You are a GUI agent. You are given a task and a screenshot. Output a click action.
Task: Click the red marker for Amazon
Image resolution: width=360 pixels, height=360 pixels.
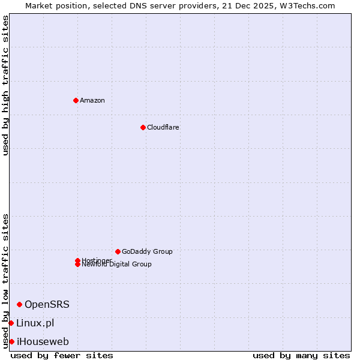pyautogui.click(x=76, y=100)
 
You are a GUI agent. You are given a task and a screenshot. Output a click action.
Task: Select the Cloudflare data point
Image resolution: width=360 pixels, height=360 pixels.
pyautogui.click(x=143, y=127)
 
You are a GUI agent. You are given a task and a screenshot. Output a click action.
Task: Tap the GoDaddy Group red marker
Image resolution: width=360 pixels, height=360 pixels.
pyautogui.click(x=118, y=251)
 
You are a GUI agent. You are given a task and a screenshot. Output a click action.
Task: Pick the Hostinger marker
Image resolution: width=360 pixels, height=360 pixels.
pyautogui.click(x=77, y=260)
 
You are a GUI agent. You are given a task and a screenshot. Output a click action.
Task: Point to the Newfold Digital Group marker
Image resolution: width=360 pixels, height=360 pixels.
pyautogui.click(x=77, y=265)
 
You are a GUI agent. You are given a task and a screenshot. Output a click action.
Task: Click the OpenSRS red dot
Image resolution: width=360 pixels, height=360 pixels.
pyautogui.click(x=19, y=304)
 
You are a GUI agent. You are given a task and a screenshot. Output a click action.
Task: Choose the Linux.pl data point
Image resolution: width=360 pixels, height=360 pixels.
pyautogui.click(x=11, y=323)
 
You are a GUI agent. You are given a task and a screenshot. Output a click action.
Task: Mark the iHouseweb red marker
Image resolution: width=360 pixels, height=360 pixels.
pyautogui.click(x=11, y=341)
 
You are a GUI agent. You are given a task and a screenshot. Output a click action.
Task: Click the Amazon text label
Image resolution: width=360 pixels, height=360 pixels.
pyautogui.click(x=92, y=100)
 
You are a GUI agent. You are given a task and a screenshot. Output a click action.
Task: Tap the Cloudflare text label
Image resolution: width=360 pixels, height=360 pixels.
pyautogui.click(x=163, y=127)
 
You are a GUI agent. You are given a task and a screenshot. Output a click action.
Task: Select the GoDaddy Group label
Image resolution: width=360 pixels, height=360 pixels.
pyautogui.click(x=147, y=251)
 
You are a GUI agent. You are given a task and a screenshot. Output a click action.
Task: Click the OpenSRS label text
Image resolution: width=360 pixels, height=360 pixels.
pyautogui.click(x=47, y=304)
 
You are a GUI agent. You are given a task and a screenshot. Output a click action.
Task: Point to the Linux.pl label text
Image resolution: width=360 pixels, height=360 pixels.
pyautogui.click(x=35, y=323)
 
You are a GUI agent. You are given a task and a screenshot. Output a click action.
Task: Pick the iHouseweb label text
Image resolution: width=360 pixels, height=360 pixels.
pyautogui.click(x=43, y=341)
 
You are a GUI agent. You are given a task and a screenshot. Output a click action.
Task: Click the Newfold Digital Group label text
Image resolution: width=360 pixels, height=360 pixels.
pyautogui.click(x=117, y=265)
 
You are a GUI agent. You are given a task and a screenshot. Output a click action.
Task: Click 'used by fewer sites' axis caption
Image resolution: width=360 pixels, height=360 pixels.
pyautogui.click(x=62, y=355)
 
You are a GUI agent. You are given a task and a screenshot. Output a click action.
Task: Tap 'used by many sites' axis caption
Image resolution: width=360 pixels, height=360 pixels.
pyautogui.click(x=301, y=355)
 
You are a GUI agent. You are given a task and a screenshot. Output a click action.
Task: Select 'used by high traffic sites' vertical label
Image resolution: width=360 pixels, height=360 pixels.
pyautogui.click(x=5, y=85)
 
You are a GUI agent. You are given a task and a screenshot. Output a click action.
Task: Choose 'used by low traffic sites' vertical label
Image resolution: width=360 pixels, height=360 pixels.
pyautogui.click(x=5, y=280)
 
